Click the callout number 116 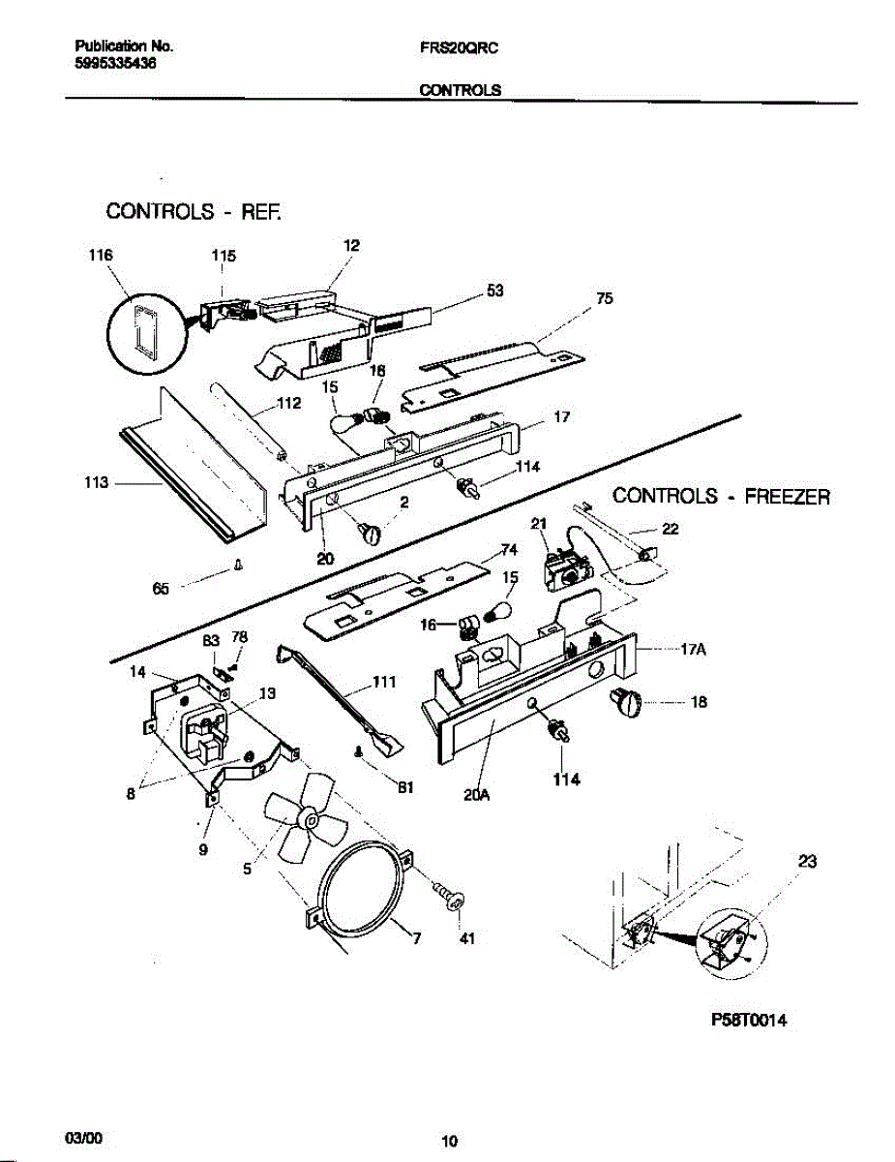pos(101,256)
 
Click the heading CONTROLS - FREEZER pos(722,497)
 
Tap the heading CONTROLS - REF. pos(194,211)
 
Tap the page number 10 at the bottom pos(449,1143)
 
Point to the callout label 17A pos(693,651)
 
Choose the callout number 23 pos(809,861)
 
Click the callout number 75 pos(605,298)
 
